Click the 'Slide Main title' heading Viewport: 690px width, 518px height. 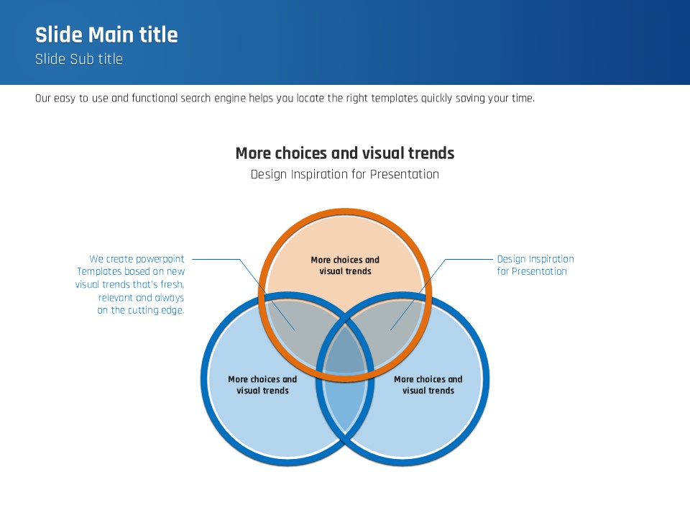coord(106,35)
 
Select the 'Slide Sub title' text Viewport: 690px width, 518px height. coord(79,60)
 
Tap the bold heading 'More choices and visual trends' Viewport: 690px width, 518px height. coord(345,153)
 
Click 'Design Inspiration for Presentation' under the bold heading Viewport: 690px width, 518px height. coord(345,174)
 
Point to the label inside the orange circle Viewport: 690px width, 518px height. coord(345,265)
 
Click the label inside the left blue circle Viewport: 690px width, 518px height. coord(262,385)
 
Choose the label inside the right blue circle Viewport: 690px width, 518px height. coord(428,385)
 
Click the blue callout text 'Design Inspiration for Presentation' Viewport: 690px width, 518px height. coord(535,265)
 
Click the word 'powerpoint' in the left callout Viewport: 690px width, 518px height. coord(160,259)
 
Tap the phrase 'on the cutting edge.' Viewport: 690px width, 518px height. coord(141,311)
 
